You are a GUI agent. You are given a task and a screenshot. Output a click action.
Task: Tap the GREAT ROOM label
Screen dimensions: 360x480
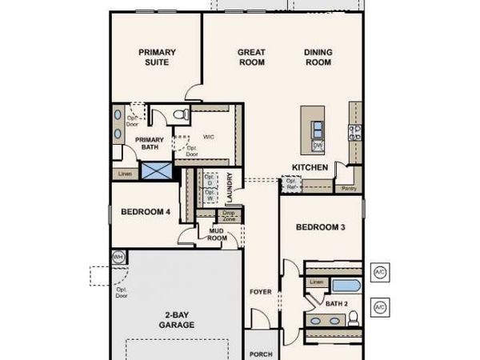251,57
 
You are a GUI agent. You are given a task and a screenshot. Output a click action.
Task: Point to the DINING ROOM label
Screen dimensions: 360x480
318,57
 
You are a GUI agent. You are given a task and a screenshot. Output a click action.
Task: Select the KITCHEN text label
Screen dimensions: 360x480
310,167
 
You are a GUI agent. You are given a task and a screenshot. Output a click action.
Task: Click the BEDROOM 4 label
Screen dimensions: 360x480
145,212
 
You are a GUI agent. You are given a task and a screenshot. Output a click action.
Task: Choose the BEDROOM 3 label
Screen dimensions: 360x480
320,227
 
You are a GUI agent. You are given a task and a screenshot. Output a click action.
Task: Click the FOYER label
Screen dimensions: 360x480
261,291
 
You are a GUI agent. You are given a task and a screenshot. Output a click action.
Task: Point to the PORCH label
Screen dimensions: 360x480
261,354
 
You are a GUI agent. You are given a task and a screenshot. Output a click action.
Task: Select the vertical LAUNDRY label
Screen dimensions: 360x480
230,188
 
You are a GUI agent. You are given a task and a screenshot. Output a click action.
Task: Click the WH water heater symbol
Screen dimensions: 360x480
118,257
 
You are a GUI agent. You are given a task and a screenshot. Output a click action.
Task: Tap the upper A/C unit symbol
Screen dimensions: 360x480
380,271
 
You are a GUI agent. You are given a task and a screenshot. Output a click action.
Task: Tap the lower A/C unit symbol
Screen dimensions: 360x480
380,306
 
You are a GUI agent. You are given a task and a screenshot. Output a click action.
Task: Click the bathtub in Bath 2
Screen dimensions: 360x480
346,286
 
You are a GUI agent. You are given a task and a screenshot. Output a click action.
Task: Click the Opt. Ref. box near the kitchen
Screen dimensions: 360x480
290,184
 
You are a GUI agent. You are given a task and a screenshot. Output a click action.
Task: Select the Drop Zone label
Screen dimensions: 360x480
228,216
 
